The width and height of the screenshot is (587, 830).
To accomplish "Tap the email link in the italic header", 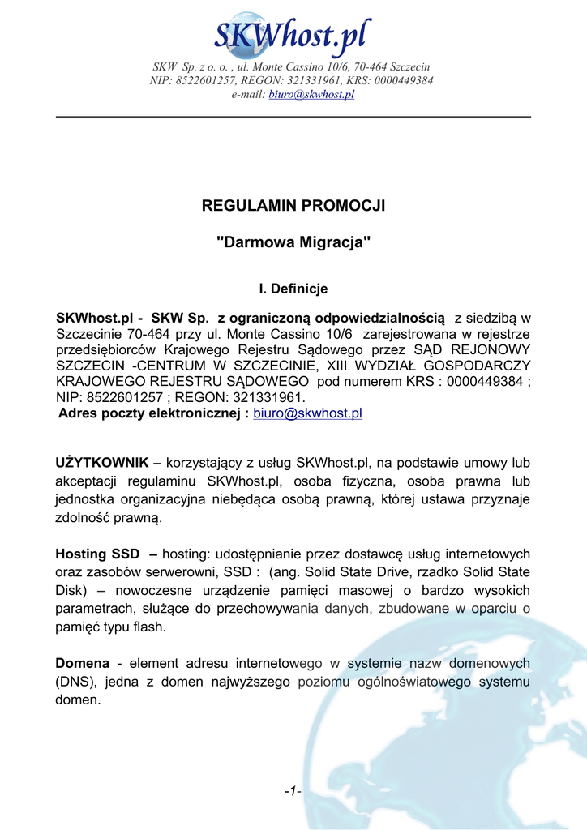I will coord(311,95).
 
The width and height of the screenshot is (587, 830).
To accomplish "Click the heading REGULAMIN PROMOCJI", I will coord(293,206).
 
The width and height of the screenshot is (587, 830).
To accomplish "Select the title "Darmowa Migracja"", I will coord(293,242).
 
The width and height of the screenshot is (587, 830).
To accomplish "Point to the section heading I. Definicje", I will coord(293,289).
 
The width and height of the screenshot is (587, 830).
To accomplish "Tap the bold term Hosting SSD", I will coord(92,554).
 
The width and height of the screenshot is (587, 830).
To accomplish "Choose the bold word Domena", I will coord(82,664).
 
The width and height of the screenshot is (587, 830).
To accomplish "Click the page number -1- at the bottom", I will coord(293,792).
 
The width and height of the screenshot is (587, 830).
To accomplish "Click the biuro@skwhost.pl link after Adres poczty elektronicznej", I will coord(307,414).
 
